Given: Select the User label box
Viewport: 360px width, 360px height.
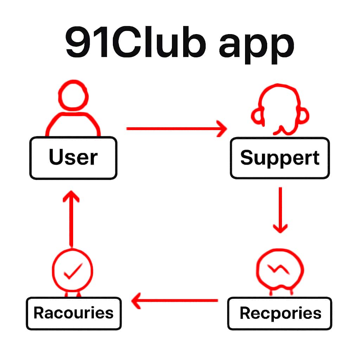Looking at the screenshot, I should point(73,158).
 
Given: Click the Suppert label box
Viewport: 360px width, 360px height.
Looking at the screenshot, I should point(280,158).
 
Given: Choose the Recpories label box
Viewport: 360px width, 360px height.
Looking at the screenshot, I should point(280,313).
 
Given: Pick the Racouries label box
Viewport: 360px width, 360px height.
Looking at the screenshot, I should point(73,313).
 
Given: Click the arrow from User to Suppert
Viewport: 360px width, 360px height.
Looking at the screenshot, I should point(176,129).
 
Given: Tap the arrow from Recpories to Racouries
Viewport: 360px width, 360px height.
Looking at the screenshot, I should point(175,301).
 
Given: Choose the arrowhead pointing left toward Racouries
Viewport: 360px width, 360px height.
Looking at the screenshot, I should point(137,301).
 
